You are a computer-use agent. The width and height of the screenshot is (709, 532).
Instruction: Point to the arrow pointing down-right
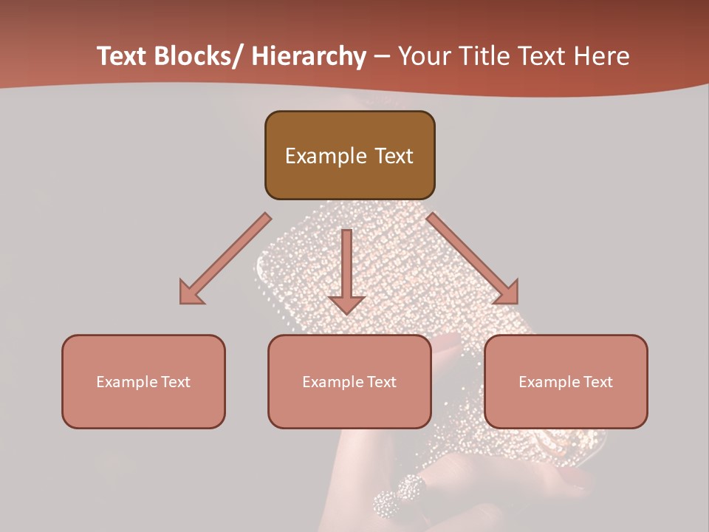click(x=472, y=258)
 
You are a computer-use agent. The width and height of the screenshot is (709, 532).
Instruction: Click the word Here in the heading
click(x=600, y=56)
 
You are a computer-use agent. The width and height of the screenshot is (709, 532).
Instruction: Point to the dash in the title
click(x=382, y=56)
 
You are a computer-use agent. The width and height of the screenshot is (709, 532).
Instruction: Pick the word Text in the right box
click(x=597, y=382)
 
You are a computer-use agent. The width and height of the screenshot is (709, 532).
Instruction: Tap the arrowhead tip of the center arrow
click(x=346, y=313)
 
